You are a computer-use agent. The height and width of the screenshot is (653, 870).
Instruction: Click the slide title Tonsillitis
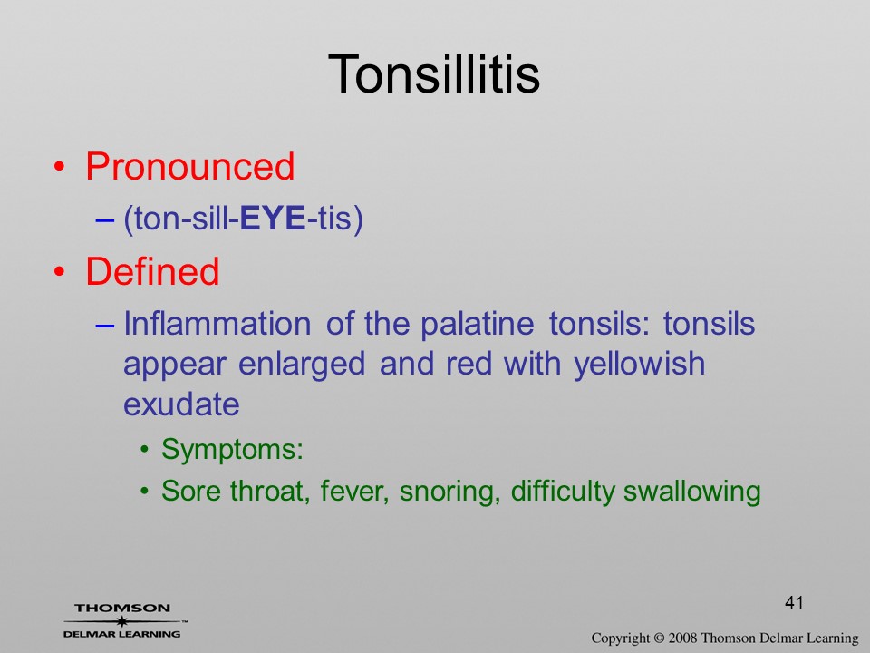pos(434,73)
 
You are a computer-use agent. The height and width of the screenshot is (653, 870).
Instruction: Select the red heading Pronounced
pos(189,166)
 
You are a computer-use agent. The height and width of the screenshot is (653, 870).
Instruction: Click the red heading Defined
pos(152,271)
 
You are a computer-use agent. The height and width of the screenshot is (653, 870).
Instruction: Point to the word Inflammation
pos(217,323)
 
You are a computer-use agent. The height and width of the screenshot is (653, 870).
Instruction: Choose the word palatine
pos(478,324)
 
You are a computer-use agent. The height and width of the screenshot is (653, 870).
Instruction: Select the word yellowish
pos(639,365)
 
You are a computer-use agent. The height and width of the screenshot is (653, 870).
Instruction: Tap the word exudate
pos(181,404)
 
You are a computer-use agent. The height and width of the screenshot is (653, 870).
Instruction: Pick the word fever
pos(354,491)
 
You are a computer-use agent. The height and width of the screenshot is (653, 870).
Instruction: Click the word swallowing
pos(691,492)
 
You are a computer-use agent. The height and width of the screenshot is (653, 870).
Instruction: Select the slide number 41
pos(794,602)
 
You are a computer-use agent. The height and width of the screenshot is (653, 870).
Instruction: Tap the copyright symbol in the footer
pos(659,638)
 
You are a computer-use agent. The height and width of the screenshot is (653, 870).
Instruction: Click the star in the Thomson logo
pos(122,621)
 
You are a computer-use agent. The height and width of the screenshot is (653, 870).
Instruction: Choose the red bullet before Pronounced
pos(60,167)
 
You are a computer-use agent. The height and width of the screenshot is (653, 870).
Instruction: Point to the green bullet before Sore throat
pos(144,492)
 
